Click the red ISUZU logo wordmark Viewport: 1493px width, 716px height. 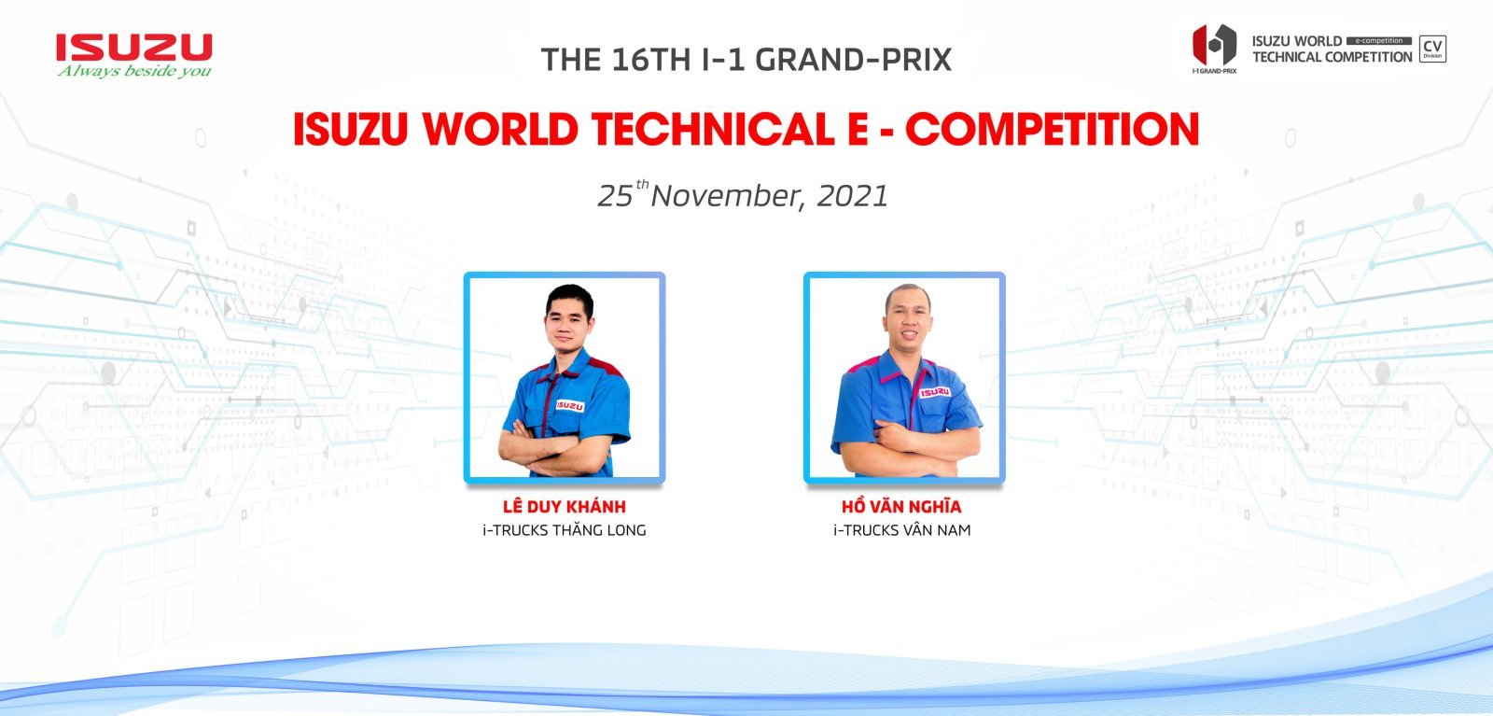pyautogui.click(x=134, y=48)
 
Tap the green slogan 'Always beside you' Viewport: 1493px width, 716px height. pyautogui.click(x=134, y=71)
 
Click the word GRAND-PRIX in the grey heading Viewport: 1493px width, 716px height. pyautogui.click(x=853, y=60)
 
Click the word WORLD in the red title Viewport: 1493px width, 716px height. pyautogui.click(x=500, y=129)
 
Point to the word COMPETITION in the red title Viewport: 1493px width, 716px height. pyautogui.click(x=1052, y=129)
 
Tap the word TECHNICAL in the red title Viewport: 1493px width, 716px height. pyautogui.click(x=713, y=129)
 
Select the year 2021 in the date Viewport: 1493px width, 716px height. pyautogui.click(x=853, y=196)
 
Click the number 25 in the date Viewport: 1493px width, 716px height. pyautogui.click(x=615, y=196)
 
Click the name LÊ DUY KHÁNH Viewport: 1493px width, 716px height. pyautogui.click(x=564, y=506)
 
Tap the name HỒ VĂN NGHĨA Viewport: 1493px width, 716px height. pyautogui.click(x=901, y=506)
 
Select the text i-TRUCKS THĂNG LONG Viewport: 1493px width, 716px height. pyautogui.click(x=564, y=530)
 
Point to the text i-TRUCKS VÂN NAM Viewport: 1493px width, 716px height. pyautogui.click(x=901, y=530)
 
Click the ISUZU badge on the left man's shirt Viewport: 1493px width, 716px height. pyautogui.click(x=570, y=405)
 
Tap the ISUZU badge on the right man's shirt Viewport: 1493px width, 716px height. pyautogui.click(x=934, y=392)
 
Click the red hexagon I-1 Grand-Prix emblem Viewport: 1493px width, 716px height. pyautogui.click(x=1214, y=45)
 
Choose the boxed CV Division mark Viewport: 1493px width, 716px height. pyautogui.click(x=1432, y=49)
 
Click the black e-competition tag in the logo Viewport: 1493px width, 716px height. pyautogui.click(x=1379, y=41)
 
